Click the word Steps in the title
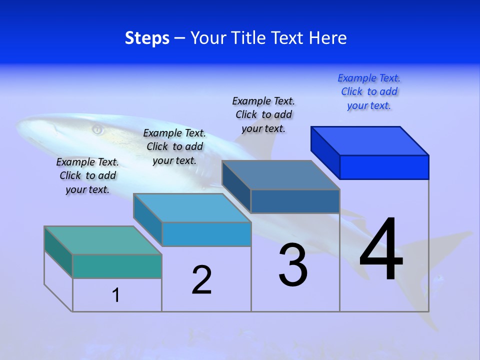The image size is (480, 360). [147, 38]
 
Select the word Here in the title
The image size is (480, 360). [328, 38]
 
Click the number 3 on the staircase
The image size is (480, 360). [293, 265]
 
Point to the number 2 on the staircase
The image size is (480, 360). [202, 280]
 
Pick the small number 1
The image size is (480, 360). [116, 295]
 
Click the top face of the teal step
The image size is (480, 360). [102, 240]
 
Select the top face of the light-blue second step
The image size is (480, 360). [191, 207]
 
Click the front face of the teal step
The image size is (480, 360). [117, 266]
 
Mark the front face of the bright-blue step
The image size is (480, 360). [384, 167]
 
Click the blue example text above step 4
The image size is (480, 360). [369, 92]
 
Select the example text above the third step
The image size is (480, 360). [263, 114]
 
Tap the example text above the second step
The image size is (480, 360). [174, 146]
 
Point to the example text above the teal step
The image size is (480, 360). [87, 175]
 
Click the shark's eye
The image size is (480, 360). [97, 130]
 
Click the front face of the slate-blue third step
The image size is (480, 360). [295, 201]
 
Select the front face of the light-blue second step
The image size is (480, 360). [206, 234]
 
